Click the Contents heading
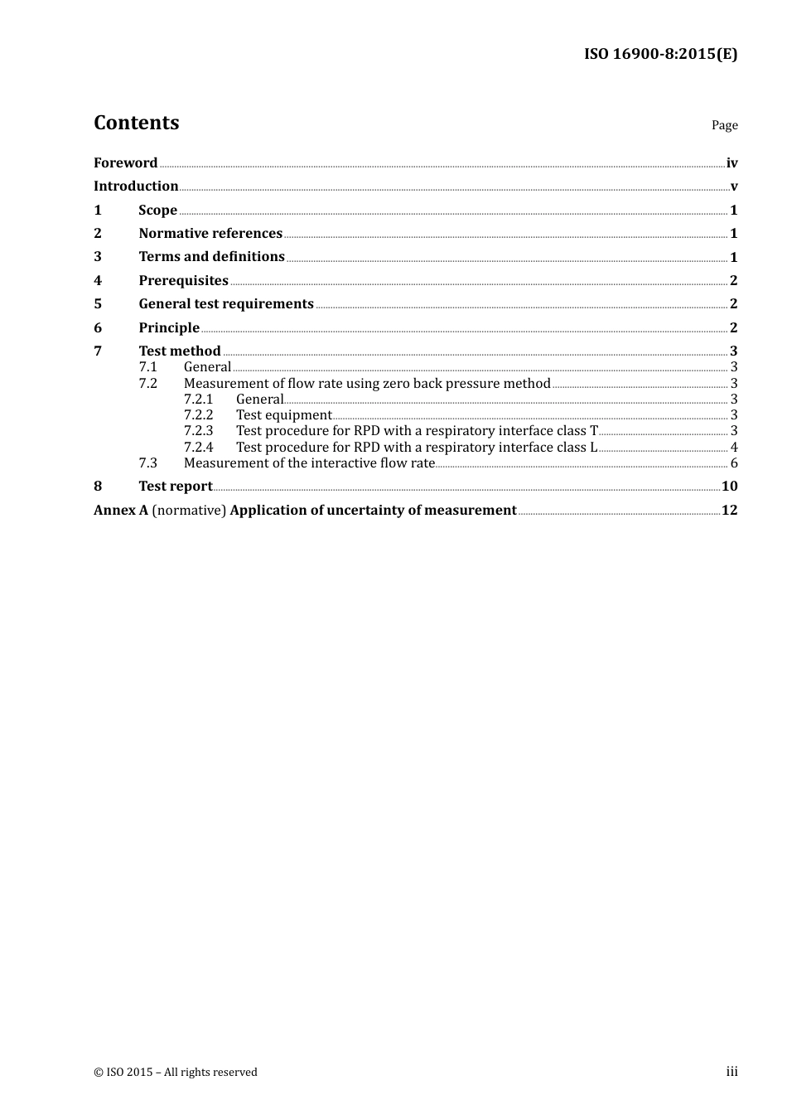[136, 123]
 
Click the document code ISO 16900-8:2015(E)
[660, 54]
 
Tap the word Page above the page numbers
[724, 125]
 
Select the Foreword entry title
[125, 162]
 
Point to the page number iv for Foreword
[731, 163]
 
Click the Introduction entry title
[136, 186]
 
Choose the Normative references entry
[210, 234]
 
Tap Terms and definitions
[211, 257]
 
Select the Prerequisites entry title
[183, 281]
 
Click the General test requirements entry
[226, 304]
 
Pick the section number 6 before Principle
[98, 328]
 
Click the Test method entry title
[180, 351]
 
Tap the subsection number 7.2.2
[198, 415]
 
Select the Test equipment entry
[283, 415]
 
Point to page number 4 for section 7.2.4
[734, 448]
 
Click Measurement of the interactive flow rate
[309, 463]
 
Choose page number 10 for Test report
[729, 487]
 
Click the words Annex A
[121, 511]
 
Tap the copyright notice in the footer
[176, 1073]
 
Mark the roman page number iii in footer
[731, 1072]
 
